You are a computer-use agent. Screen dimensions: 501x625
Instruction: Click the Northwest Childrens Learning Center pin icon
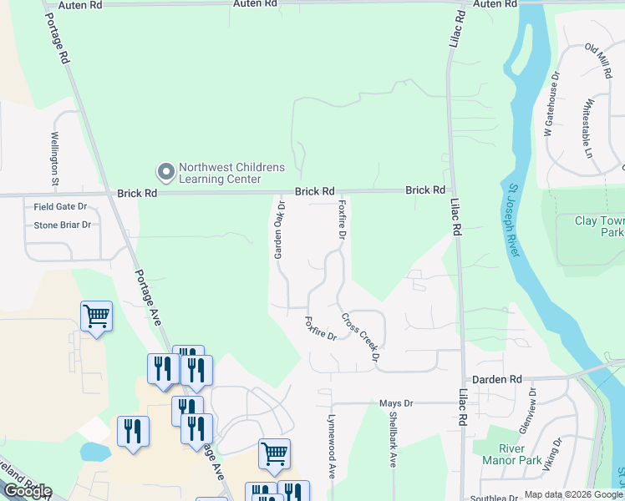[165, 172]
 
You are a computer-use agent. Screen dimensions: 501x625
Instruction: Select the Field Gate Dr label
[60, 206]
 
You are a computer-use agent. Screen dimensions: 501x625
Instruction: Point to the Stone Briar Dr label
[62, 225]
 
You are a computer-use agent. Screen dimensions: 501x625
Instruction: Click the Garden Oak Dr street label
[280, 230]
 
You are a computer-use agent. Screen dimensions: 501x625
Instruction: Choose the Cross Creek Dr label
[361, 337]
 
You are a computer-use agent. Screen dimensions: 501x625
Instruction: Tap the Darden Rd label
[496, 379]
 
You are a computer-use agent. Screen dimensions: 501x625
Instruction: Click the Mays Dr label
[397, 403]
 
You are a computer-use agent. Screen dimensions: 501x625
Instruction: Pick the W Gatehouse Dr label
[552, 104]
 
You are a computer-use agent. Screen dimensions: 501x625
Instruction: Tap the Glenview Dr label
[531, 405]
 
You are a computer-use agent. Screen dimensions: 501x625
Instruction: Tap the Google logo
[27, 491]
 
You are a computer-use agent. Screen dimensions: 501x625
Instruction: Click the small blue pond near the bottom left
[94, 452]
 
